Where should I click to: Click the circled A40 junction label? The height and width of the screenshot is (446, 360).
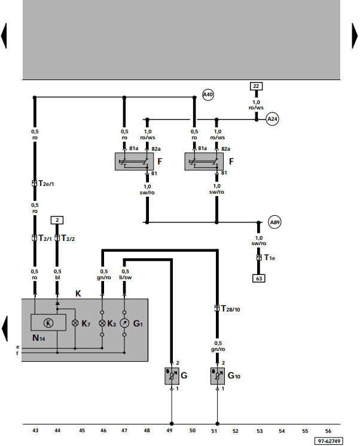[x=208, y=94]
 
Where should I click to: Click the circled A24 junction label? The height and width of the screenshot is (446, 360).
[x=272, y=119]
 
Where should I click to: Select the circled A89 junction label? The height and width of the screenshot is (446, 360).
[x=274, y=222]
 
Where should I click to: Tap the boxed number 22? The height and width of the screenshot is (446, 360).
[x=256, y=86]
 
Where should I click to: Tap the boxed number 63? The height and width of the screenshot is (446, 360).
[x=259, y=278]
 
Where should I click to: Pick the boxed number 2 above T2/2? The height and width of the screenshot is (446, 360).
[x=57, y=220]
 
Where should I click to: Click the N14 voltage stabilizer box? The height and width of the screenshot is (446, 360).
[x=48, y=323]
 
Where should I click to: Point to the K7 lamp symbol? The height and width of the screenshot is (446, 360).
[x=75, y=323]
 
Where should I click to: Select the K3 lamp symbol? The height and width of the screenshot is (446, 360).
[x=102, y=323]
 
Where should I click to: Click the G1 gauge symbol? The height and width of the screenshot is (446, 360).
[x=124, y=323]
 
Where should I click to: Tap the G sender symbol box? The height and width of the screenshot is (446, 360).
[x=172, y=376]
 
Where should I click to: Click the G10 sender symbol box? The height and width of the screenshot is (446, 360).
[x=218, y=376]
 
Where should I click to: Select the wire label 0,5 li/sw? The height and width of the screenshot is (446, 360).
[x=125, y=274]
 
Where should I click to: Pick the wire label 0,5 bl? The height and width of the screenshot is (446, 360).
[x=57, y=274]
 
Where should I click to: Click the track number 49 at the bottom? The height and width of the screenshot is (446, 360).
[x=169, y=430]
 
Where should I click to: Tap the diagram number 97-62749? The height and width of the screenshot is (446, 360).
[x=329, y=441]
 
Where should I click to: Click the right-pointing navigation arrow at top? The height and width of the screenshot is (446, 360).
[x=355, y=36]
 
